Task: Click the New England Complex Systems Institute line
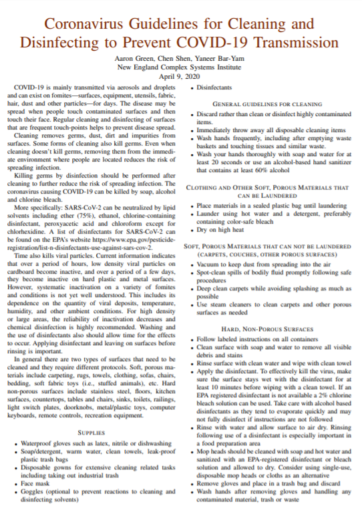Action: pyautogui.click(x=180, y=68)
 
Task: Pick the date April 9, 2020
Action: pyautogui.click(x=180, y=77)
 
